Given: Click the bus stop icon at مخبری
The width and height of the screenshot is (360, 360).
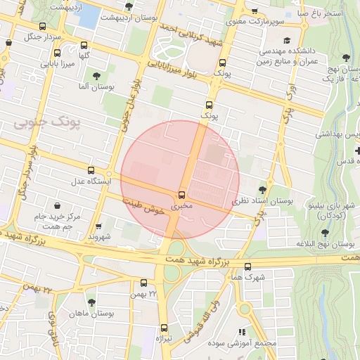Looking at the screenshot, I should pyautogui.click(x=182, y=194).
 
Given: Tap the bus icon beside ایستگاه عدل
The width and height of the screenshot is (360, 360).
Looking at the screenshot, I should pyautogui.click(x=91, y=170).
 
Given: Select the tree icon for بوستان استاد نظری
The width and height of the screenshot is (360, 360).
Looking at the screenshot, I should pyautogui.click(x=262, y=188).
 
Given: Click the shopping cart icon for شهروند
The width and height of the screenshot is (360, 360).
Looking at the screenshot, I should pyautogui.click(x=98, y=226).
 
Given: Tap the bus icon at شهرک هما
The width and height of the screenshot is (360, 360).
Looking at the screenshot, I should pyautogui.click(x=247, y=266).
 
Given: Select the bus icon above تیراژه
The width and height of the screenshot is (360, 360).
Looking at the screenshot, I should pyautogui.click(x=164, y=328).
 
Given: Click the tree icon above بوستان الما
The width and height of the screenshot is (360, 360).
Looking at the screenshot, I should pyautogui.click(x=96, y=75).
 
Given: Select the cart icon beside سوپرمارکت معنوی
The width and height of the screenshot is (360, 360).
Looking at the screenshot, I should pyautogui.click(x=254, y=12).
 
